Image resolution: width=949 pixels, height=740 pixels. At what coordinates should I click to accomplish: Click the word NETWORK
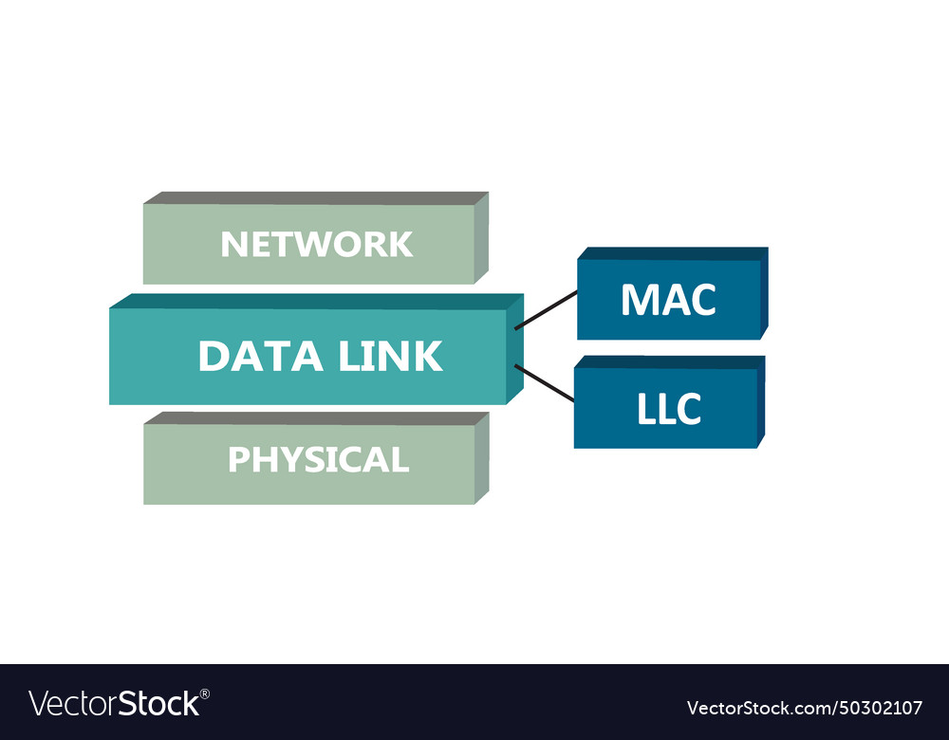pos(316,245)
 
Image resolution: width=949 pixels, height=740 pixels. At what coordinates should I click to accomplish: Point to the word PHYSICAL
pos(318,460)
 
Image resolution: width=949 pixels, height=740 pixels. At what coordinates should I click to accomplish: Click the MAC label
pos(667,300)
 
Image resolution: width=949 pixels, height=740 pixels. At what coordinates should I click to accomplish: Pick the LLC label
pos(669,409)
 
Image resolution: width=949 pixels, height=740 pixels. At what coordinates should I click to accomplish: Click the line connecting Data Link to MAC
pos(546,310)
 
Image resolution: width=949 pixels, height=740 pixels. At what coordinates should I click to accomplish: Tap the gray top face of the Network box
pos(313,198)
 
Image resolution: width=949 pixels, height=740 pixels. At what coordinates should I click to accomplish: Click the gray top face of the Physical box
pos(313,418)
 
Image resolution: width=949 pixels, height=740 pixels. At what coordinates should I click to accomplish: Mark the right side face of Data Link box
pos(514,351)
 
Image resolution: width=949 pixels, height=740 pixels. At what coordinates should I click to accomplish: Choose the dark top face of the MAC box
pos(672,253)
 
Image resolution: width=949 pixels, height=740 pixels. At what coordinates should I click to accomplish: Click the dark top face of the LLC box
pos(669,362)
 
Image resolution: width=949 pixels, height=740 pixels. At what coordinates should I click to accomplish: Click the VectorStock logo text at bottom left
pos(114,704)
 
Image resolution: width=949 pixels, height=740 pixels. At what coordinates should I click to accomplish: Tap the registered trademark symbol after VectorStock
pos(205,694)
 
